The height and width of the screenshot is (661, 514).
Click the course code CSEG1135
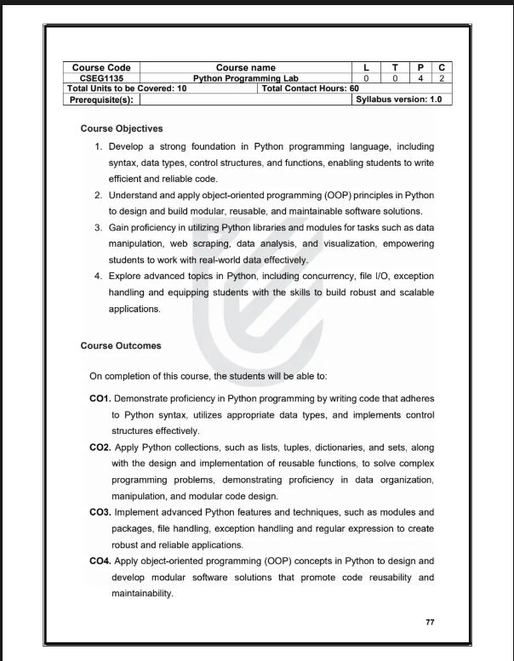pos(101,77)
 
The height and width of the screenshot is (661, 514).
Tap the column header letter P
pos(420,67)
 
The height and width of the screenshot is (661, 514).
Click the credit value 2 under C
pos(443,77)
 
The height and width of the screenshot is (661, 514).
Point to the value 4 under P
pos(420,77)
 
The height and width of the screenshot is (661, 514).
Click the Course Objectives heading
pos(122,129)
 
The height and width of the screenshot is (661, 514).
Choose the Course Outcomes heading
pos(121,346)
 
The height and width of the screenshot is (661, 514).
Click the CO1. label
pos(100,398)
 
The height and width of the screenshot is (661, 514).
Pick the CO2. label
pos(100,447)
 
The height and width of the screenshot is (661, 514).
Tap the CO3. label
pos(100,512)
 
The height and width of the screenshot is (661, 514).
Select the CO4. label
pos(100,561)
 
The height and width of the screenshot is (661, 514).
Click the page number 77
pos(430,623)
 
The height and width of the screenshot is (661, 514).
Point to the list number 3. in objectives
pos(100,227)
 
